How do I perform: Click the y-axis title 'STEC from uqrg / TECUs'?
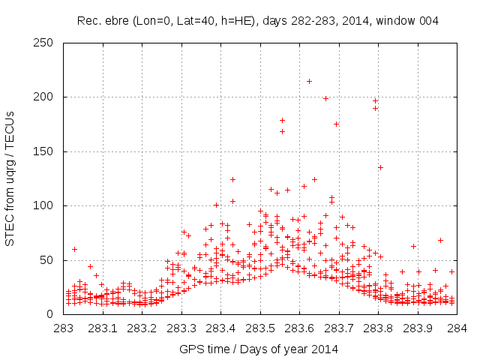(10, 178)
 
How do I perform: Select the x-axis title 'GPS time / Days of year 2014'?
(259, 349)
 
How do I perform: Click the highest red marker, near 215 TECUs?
(309, 81)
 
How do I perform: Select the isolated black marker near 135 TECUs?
(380, 167)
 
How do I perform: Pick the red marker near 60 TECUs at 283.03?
(74, 249)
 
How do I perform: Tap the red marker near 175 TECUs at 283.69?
(336, 124)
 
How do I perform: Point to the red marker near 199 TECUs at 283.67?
(325, 98)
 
